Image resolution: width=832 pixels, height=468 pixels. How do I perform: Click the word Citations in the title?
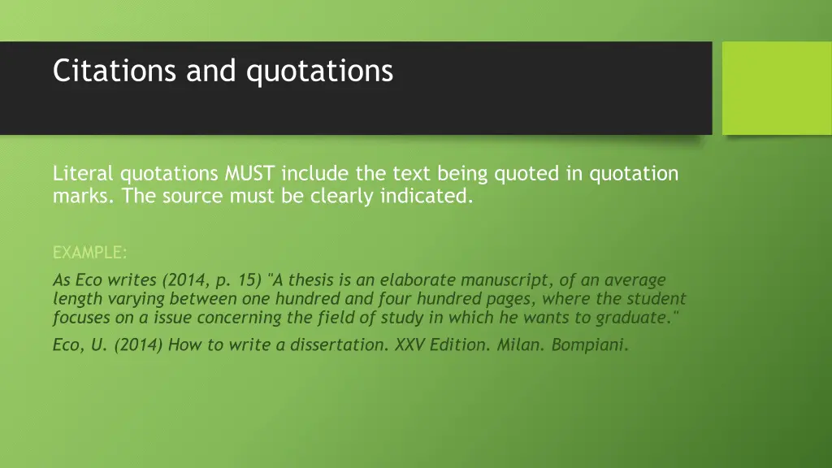coord(116,71)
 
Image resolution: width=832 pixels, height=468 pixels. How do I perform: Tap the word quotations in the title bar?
coord(319,71)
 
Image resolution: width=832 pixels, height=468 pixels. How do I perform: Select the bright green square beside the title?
coord(777,88)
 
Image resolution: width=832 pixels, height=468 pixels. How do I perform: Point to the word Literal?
coord(84,173)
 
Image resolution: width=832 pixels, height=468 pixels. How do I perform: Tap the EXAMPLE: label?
coord(89,253)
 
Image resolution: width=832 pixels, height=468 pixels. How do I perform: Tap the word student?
coord(656,299)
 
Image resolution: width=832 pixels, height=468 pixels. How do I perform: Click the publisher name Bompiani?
coord(590,344)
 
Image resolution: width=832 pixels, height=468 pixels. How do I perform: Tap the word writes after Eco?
coord(132,280)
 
